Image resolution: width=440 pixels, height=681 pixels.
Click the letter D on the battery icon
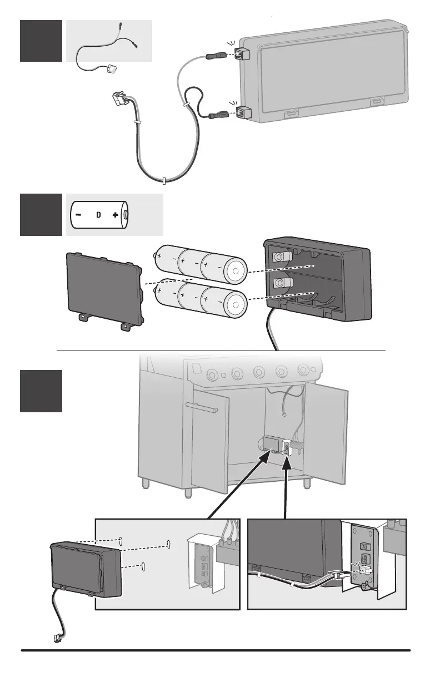pyautogui.click(x=98, y=215)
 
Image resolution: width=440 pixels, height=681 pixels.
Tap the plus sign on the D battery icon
pyautogui.click(x=115, y=215)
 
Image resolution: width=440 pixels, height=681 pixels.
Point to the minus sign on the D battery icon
pyautogui.click(x=79, y=215)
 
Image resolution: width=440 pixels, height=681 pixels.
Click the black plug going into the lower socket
pyautogui.click(x=214, y=116)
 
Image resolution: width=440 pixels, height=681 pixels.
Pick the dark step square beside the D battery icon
pyautogui.click(x=41, y=214)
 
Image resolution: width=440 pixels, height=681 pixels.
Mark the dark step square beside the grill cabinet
pyautogui.click(x=41, y=391)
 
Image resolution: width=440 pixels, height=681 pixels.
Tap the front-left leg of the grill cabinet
pyautogui.click(x=146, y=481)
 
